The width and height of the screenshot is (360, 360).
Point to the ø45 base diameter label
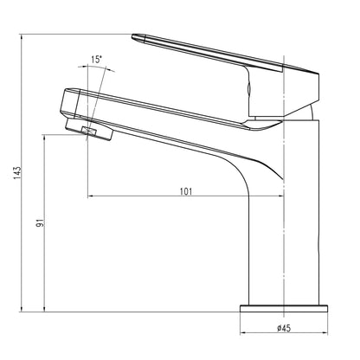click(284, 328)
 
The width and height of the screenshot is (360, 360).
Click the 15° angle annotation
click(97, 61)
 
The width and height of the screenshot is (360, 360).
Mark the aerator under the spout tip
click(97, 132)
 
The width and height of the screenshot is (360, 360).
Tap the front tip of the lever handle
click(137, 37)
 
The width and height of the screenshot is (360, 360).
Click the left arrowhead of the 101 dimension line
click(93, 198)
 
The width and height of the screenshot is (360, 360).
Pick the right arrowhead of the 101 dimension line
click(283, 198)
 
